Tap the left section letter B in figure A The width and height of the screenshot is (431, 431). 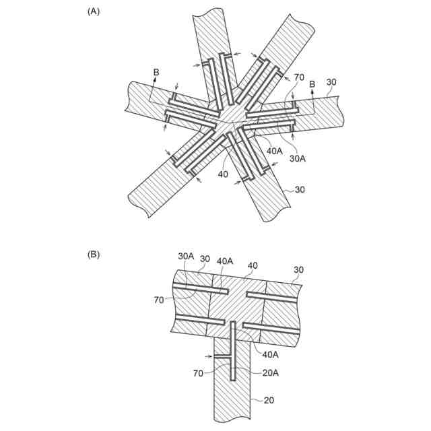[x=156, y=72]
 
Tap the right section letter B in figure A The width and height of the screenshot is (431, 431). [x=312, y=84]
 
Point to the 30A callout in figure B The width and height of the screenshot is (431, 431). [x=186, y=257]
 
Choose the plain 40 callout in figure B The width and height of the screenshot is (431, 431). [x=253, y=265]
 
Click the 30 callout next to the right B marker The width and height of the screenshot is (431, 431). [x=331, y=83]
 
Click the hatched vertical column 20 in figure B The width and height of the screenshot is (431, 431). [x=232, y=397]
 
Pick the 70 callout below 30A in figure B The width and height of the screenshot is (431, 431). [x=158, y=300]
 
